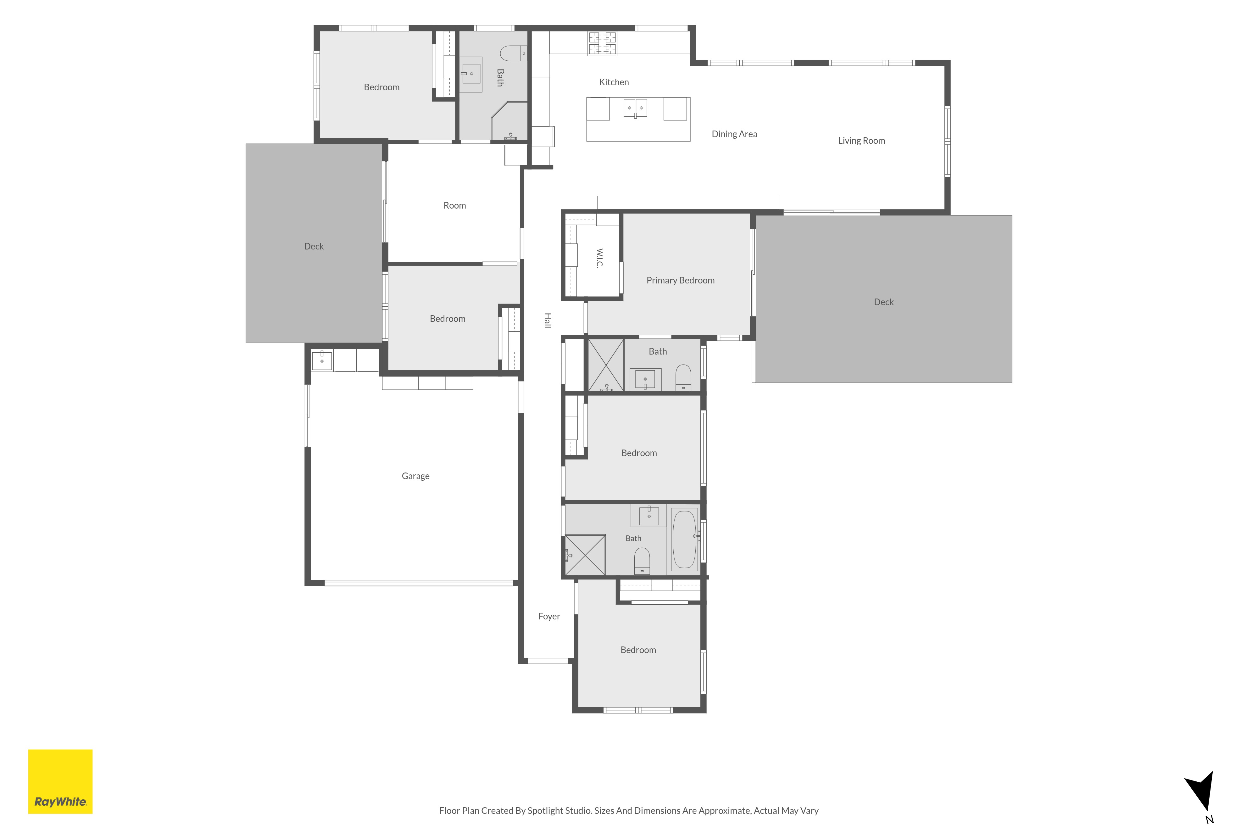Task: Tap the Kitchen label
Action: pyautogui.click(x=614, y=82)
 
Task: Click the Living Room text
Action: pyautogui.click(x=861, y=141)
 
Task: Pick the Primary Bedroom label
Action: pyautogui.click(x=680, y=280)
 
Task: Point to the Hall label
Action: pyautogui.click(x=548, y=321)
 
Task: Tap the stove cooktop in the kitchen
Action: pyautogui.click(x=602, y=44)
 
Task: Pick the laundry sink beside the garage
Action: pyautogui.click(x=322, y=360)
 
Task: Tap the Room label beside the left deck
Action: pyautogui.click(x=455, y=205)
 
